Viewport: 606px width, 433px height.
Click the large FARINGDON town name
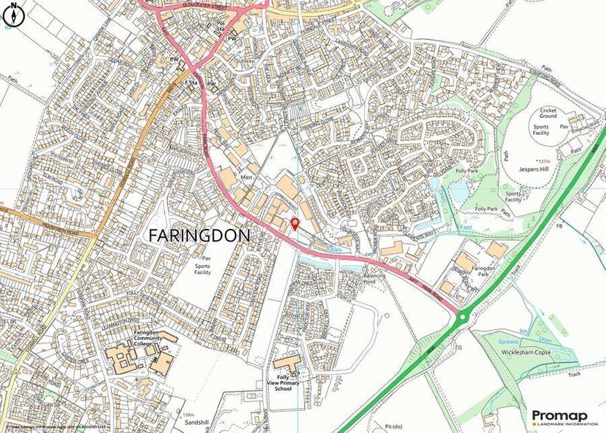point(199,236)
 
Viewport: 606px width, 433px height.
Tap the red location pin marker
point(295,222)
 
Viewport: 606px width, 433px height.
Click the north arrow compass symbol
point(13,13)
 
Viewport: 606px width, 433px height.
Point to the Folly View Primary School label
point(283,383)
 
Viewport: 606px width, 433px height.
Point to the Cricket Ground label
point(548,113)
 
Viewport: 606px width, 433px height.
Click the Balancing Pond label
point(374,278)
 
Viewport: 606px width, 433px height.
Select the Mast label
point(247,177)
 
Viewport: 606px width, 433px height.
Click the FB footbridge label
point(559,225)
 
